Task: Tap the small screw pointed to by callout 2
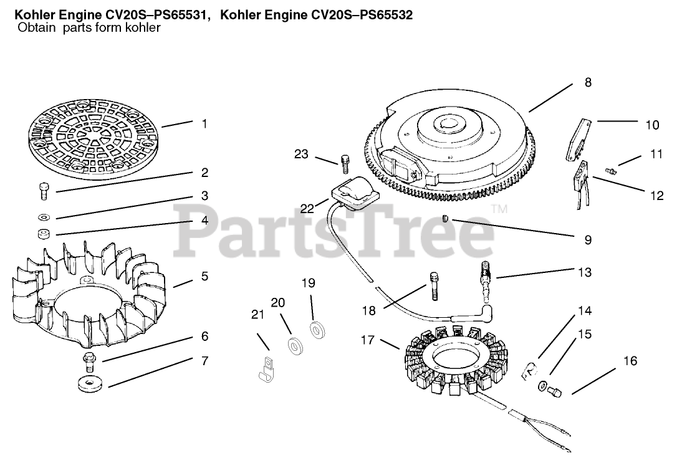(x=44, y=191)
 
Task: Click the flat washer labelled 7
(x=90, y=383)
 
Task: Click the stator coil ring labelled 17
(x=455, y=357)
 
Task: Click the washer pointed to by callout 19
(x=317, y=330)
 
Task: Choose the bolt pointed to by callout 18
(x=434, y=286)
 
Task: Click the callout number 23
(x=301, y=155)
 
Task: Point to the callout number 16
(x=630, y=361)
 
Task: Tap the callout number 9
(x=588, y=240)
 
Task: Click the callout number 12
(x=657, y=196)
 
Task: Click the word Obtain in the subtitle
(x=37, y=28)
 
